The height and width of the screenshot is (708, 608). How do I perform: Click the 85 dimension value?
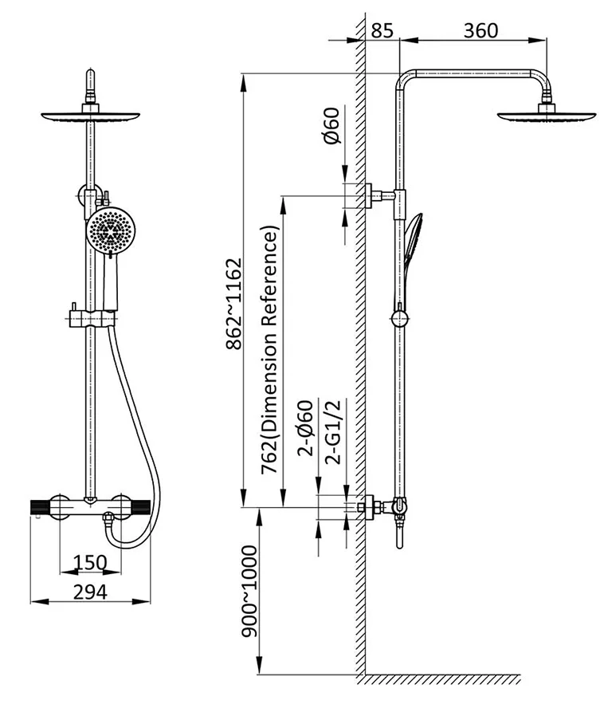pos(382,31)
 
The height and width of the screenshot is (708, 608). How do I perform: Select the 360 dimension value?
pos(481,31)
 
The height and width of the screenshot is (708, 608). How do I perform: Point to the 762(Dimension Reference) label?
pos(270,351)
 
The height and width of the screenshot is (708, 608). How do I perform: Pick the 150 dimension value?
pos(90,563)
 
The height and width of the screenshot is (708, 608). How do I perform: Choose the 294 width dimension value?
pos(90,592)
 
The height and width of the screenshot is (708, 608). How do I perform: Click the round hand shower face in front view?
pos(109,230)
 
